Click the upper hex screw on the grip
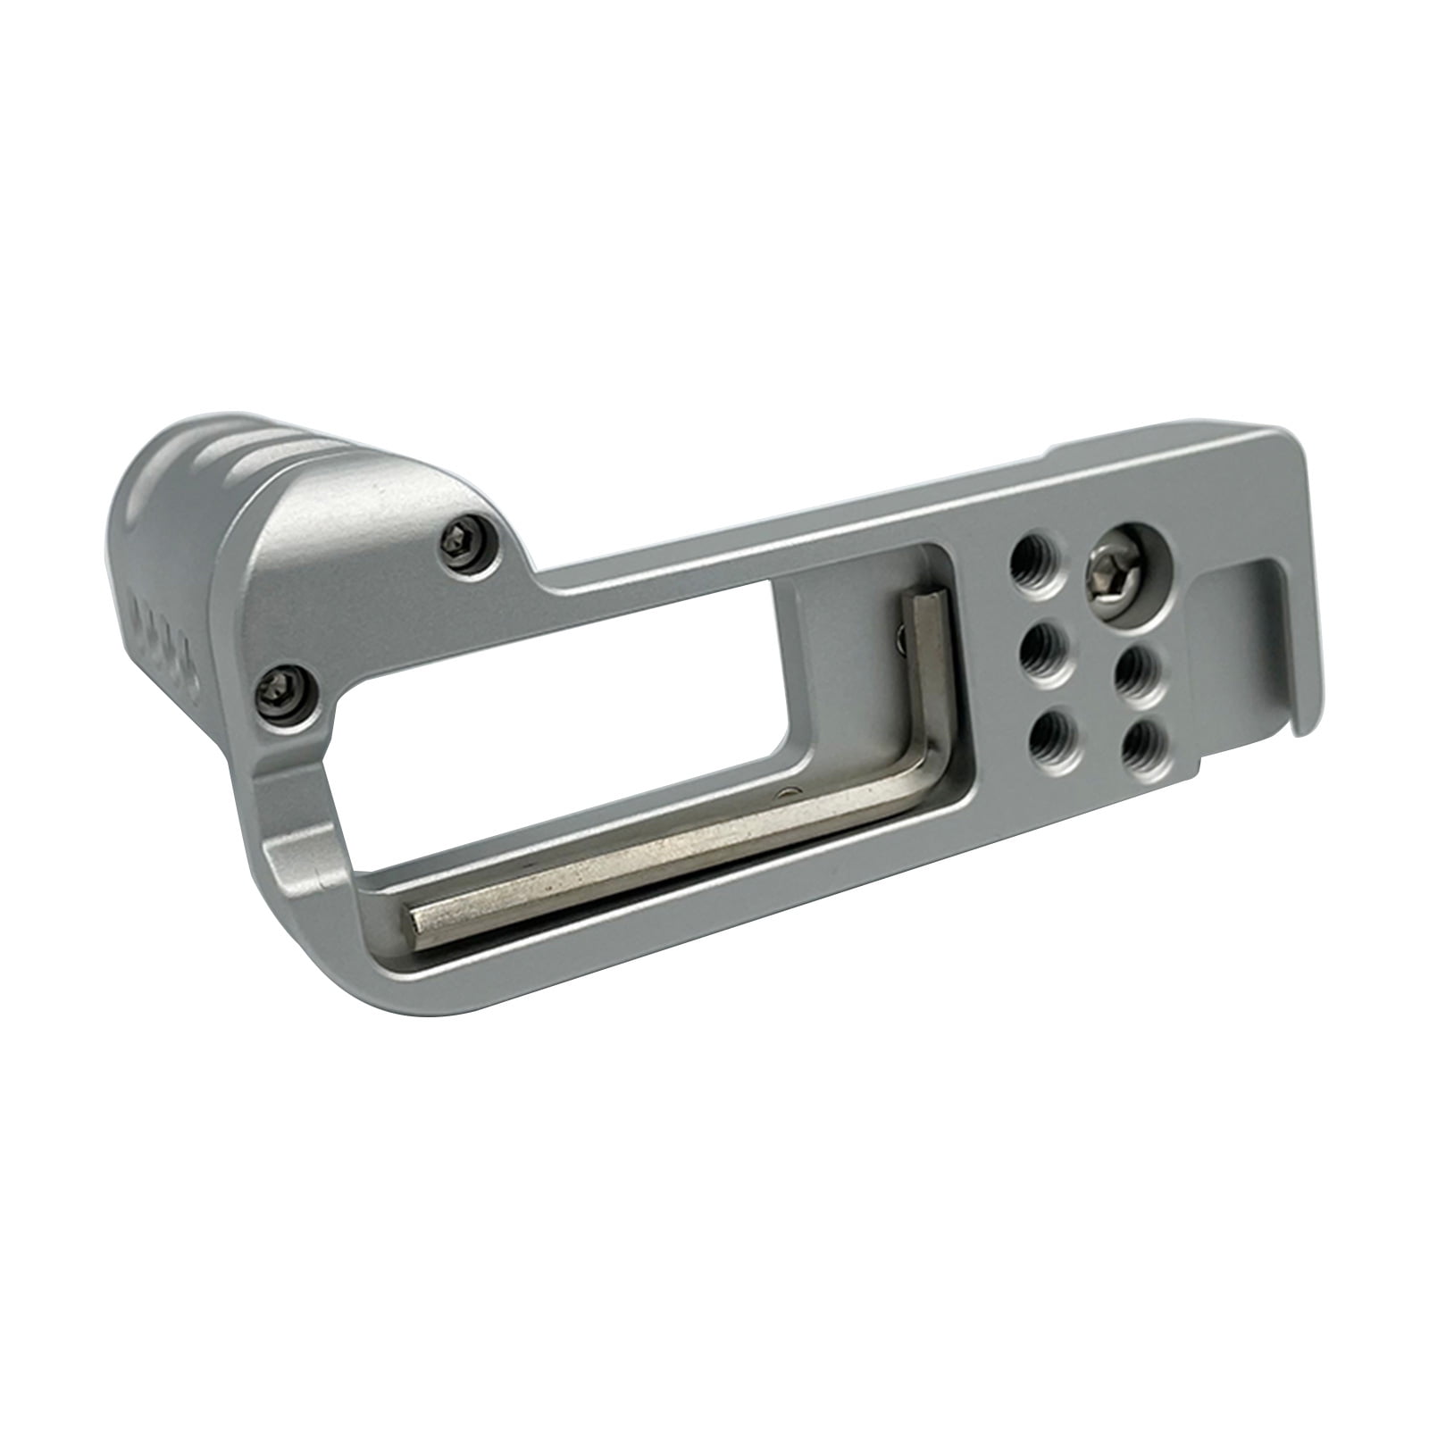468,544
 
